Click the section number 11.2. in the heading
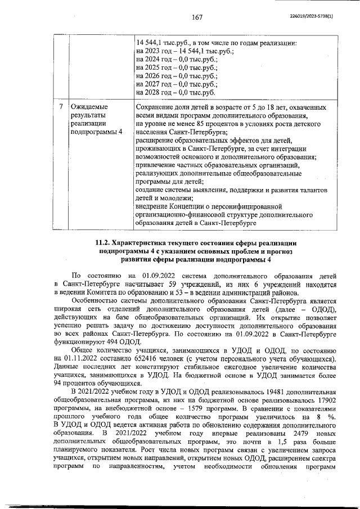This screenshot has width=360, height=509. click(x=104, y=242)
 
